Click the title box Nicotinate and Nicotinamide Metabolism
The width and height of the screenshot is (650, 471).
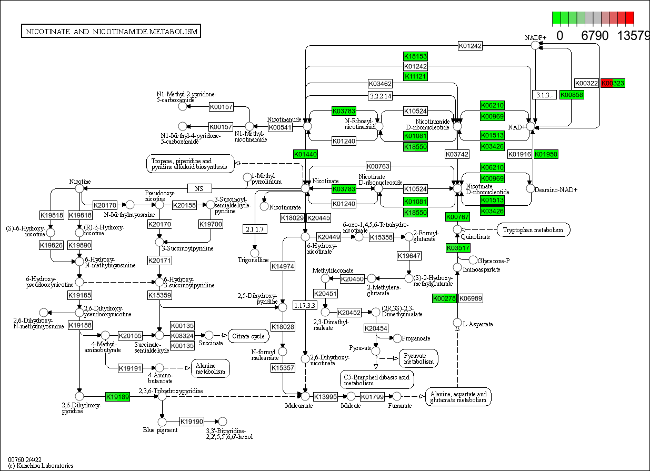click(112, 32)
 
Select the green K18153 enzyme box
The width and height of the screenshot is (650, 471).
click(415, 56)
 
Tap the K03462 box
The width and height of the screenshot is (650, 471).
click(380, 84)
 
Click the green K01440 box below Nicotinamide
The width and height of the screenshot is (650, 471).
click(305, 154)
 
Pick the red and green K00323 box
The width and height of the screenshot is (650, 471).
click(613, 83)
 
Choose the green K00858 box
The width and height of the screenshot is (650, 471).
click(571, 95)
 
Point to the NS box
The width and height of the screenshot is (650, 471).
click(199, 188)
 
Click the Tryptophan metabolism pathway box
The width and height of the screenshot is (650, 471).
click(533, 229)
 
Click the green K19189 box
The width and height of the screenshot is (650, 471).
click(117, 397)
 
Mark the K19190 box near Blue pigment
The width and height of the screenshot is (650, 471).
click(192, 422)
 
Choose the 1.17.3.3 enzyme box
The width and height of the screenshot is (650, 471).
click(305, 305)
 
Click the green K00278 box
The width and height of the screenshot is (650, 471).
click(444, 298)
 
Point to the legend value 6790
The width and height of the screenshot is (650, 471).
click(595, 36)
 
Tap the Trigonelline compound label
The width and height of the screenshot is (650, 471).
click(253, 260)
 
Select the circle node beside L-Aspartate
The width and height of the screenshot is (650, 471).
click(457, 323)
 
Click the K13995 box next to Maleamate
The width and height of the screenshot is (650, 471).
click(325, 396)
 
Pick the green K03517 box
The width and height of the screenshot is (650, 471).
click(458, 248)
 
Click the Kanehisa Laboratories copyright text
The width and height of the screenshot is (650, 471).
click(41, 466)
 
